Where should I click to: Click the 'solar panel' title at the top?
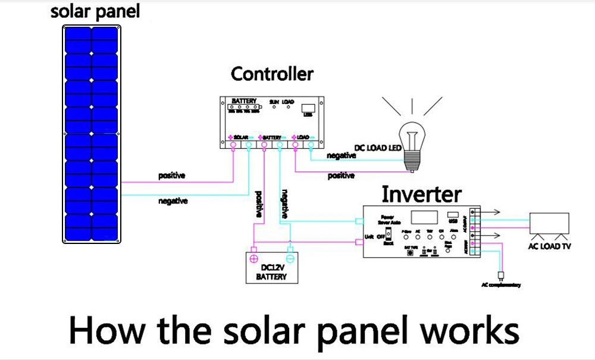pyautogui.click(x=95, y=11)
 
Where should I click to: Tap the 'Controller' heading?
pyautogui.click(x=272, y=74)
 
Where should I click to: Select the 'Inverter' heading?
pyautogui.click(x=421, y=194)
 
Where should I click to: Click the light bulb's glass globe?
pyautogui.click(x=413, y=134)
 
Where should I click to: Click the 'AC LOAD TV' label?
pyautogui.click(x=549, y=246)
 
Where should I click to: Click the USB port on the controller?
pyautogui.click(x=308, y=109)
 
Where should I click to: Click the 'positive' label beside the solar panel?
pyautogui.click(x=171, y=176)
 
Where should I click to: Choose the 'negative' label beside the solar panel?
pyautogui.click(x=173, y=201)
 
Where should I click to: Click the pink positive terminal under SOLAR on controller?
pyautogui.click(x=233, y=145)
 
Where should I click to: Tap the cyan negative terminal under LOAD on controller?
pyautogui.click(x=311, y=145)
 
